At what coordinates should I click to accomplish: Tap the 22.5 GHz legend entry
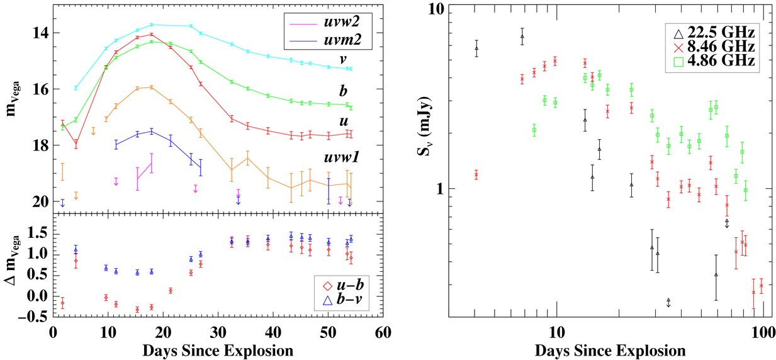tap(713, 33)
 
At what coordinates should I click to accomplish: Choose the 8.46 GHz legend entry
tap(713, 47)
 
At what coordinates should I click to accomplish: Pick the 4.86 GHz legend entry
tap(713, 60)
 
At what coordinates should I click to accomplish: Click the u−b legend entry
tap(343, 286)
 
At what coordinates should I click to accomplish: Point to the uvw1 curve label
tap(342, 157)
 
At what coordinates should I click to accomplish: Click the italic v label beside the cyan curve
tap(343, 60)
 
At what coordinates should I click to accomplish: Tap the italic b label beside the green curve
tap(343, 91)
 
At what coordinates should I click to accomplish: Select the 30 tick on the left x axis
tap(218, 333)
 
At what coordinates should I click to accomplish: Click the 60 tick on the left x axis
tap(383, 333)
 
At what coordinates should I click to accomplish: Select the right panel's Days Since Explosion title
tap(610, 351)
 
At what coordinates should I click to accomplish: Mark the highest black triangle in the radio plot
tap(522, 36)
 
